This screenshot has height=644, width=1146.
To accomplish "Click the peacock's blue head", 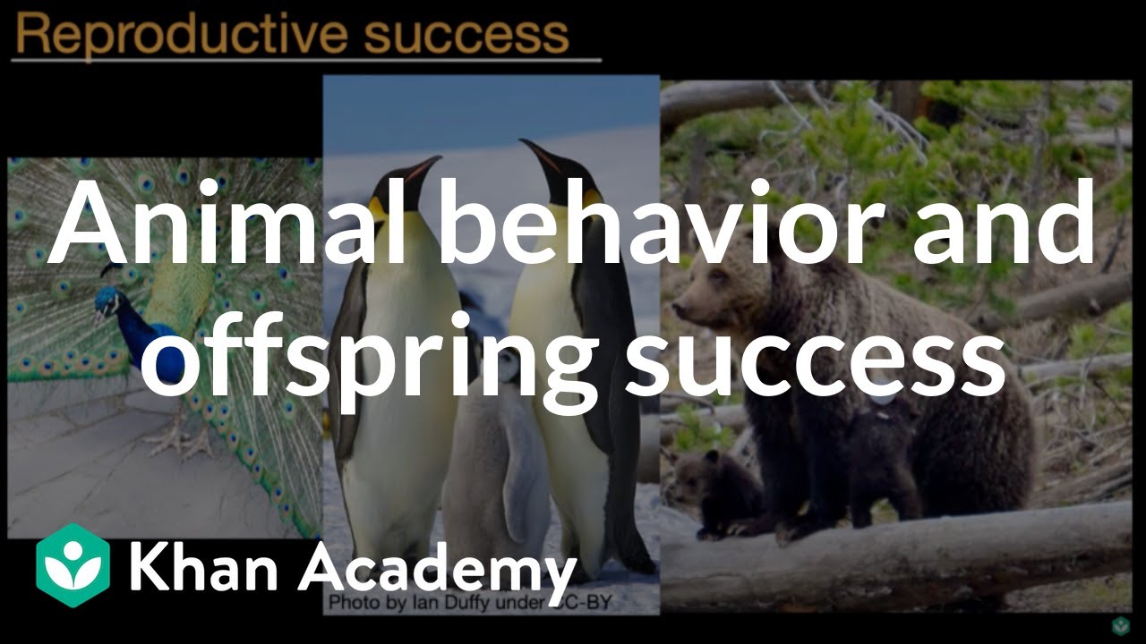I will (107, 303).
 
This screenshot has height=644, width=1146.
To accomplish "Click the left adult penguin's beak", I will (421, 170).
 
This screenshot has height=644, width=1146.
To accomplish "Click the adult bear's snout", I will (685, 309).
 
